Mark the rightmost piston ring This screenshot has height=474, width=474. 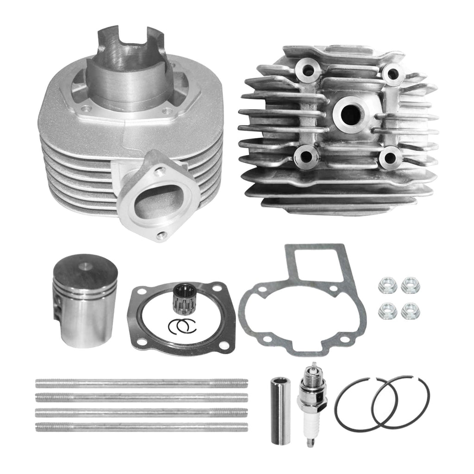[401, 402]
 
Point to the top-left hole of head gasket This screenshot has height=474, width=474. [139, 293]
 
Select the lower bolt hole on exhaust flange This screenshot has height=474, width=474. [160, 235]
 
